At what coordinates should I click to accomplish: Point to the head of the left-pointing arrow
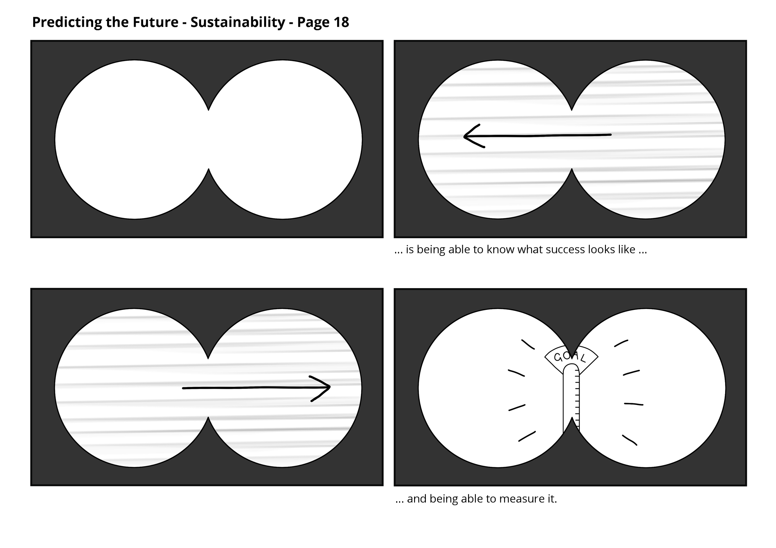[x=468, y=136]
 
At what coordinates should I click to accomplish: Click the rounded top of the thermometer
[x=571, y=368]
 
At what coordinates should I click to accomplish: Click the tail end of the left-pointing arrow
[x=610, y=135]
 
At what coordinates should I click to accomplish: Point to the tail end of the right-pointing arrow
[x=184, y=388]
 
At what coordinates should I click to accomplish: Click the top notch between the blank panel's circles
[x=209, y=109]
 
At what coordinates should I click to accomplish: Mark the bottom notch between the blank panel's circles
[x=209, y=170]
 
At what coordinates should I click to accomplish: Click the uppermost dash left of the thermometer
[x=528, y=344]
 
